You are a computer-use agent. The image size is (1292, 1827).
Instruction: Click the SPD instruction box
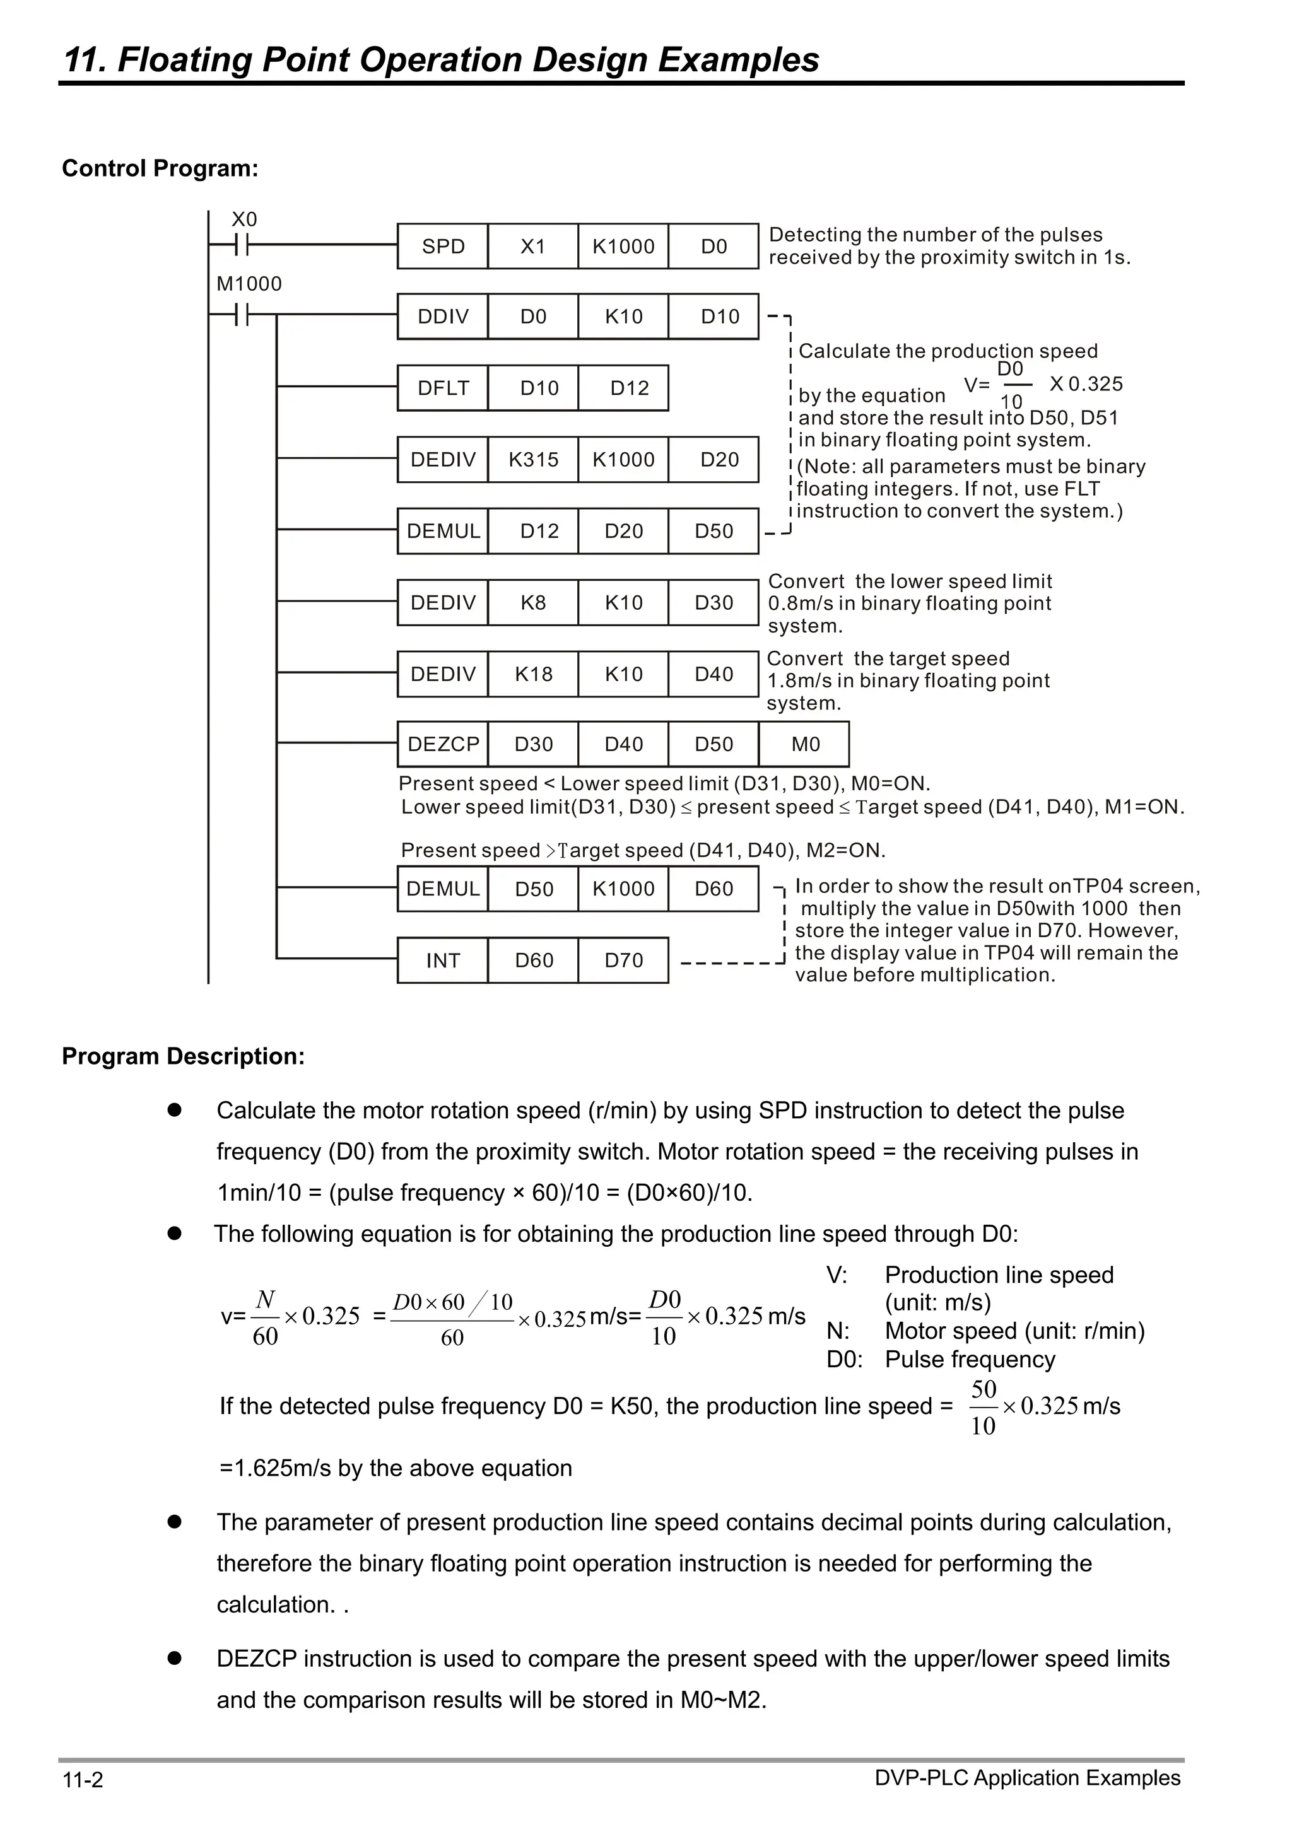443,247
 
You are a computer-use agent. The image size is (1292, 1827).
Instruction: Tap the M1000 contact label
249,284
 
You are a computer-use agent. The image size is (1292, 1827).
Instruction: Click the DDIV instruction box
443,317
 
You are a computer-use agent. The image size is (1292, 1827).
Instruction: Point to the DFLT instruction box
443,388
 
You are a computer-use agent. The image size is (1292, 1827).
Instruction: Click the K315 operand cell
532,460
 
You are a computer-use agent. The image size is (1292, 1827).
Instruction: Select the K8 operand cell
532,603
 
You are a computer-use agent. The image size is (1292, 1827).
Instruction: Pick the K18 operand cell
532,675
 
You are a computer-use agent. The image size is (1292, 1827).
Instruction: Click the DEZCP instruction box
443,745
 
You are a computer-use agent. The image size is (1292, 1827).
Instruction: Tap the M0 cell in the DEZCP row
805,745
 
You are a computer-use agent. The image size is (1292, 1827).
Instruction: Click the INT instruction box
443,960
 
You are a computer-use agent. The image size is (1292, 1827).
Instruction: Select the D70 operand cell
623,960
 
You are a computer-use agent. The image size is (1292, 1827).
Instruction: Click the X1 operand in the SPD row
532,247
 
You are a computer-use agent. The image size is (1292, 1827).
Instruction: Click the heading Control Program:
160,168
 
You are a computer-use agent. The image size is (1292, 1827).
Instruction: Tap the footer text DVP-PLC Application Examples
1027,1778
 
